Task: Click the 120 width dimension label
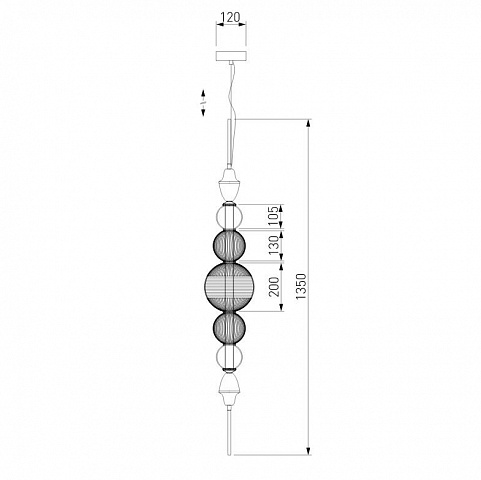231,17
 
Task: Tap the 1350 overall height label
301,286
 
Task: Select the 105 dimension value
273,216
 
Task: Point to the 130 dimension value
274,245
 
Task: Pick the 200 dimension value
274,287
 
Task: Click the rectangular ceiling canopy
231,56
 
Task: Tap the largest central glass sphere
229,286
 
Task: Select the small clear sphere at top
229,217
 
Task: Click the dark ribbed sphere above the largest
229,246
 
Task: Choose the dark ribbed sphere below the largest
229,328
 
